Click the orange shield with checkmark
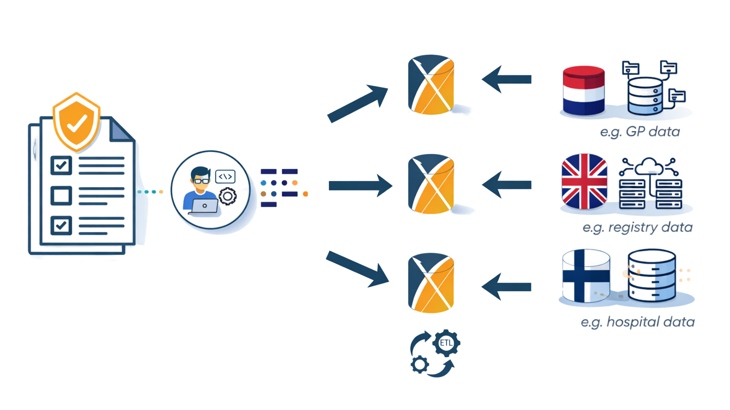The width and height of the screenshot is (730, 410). [77, 121]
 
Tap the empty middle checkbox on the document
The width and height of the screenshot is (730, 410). [61, 196]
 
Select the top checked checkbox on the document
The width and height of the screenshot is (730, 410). [61, 165]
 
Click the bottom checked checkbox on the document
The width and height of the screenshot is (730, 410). [61, 225]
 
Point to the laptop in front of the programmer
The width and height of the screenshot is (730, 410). [205, 206]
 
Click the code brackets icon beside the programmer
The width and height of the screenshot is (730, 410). [225, 177]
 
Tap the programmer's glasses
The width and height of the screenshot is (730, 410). [201, 181]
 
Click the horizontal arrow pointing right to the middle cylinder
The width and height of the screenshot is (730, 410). [359, 185]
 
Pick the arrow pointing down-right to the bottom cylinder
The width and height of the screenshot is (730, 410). [357, 269]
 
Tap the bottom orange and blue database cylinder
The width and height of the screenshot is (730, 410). [431, 283]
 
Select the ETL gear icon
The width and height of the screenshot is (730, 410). [446, 343]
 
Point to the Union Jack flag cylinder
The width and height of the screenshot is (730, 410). [584, 181]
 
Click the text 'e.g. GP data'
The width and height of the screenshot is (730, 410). [640, 132]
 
